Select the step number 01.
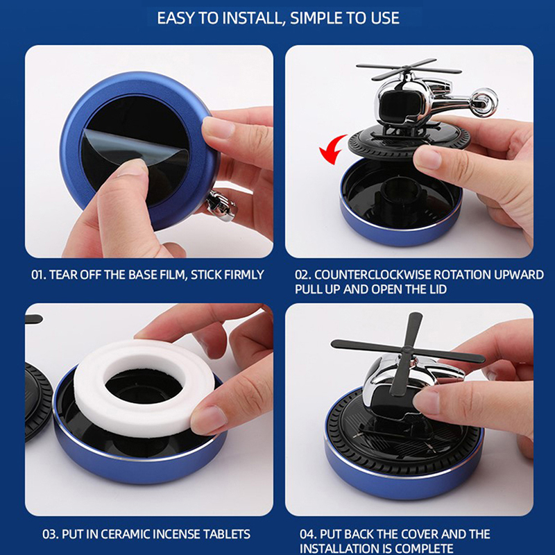pos(38,275)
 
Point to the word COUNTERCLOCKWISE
pos(373,275)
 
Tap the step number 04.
pos(308,534)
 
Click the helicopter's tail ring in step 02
pos(484,102)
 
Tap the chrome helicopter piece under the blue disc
pos(221,206)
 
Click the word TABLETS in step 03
pos(227,534)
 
